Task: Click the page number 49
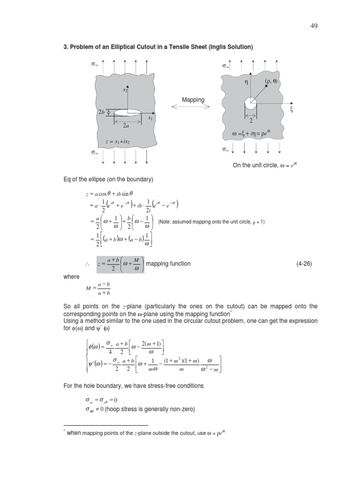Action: (314, 26)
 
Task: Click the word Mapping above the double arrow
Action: (193, 100)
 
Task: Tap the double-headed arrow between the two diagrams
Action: (193, 108)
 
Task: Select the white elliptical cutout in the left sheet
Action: (127, 112)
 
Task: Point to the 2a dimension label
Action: (126, 126)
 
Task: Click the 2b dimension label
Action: (101, 112)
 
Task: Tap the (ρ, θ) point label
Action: (271, 82)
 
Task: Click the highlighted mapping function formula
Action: (121, 264)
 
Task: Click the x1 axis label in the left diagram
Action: (150, 119)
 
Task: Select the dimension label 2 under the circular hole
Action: (251, 120)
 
